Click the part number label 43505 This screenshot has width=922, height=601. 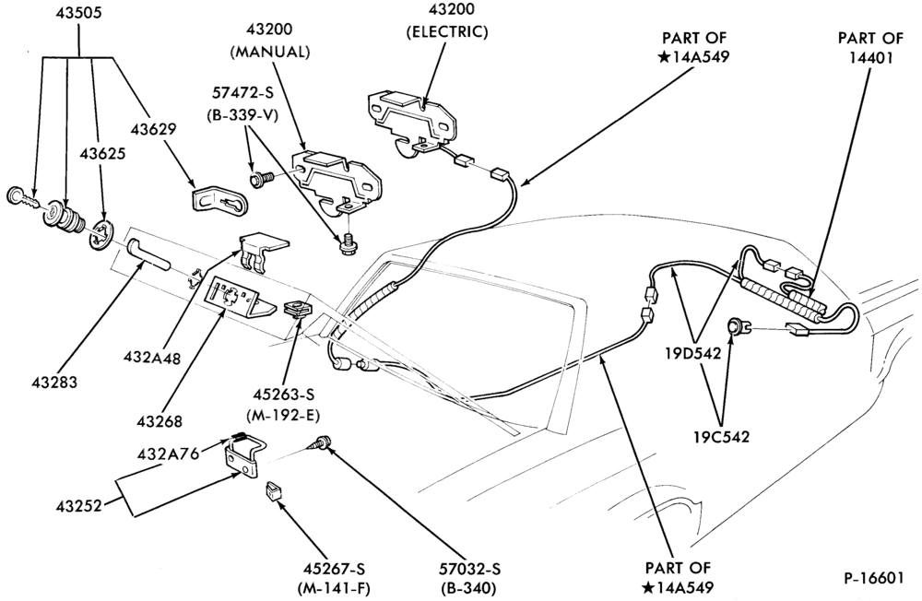pyautogui.click(x=79, y=12)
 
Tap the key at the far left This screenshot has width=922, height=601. pyautogui.click(x=22, y=198)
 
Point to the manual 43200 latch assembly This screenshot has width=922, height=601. pyautogui.click(x=337, y=180)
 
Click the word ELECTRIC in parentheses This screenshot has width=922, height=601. pyautogui.click(x=447, y=31)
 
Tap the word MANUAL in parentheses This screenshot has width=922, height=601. pyautogui.click(x=270, y=52)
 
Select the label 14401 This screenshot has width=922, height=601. pyautogui.click(x=870, y=58)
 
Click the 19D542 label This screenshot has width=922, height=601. pyautogui.click(x=693, y=353)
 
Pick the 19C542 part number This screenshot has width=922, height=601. pyautogui.click(x=721, y=437)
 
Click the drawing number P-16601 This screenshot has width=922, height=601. pyautogui.click(x=873, y=578)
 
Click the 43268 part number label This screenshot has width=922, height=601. pyautogui.click(x=160, y=421)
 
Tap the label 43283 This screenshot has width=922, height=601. pyautogui.click(x=54, y=383)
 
